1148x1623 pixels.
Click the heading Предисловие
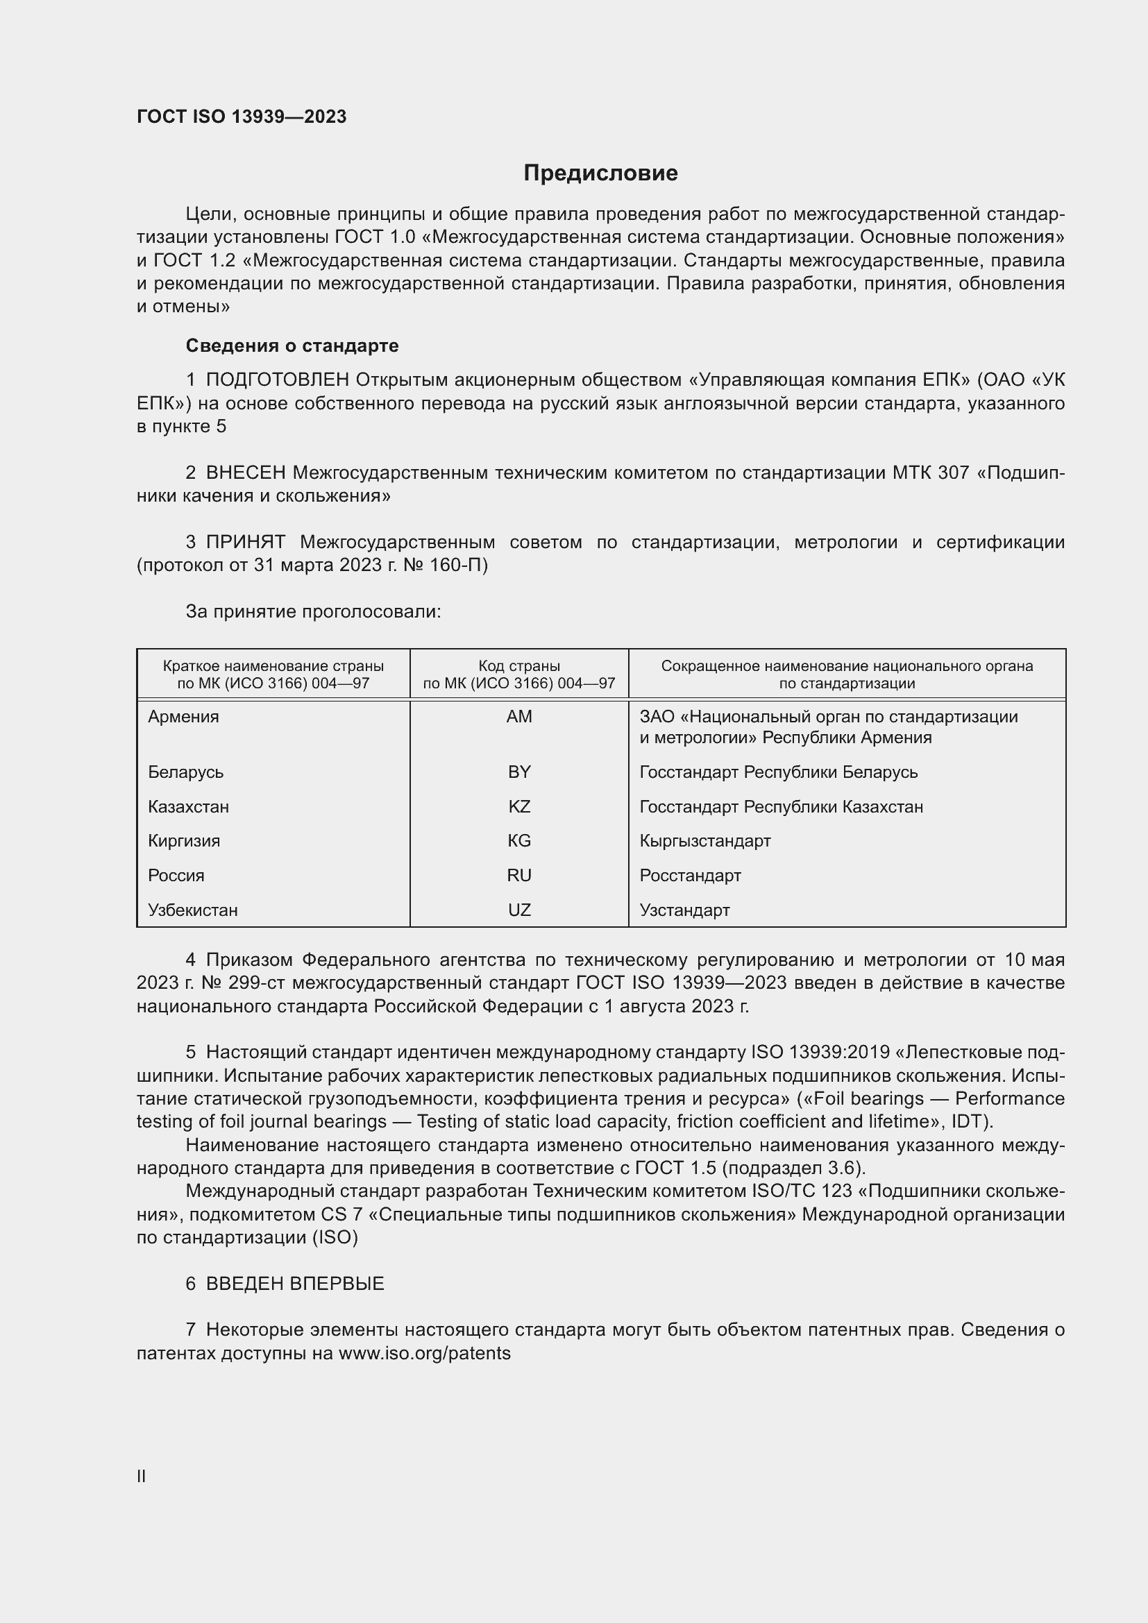(x=600, y=173)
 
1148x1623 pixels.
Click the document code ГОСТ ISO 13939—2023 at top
(x=242, y=117)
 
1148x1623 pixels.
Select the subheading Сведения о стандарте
(x=292, y=346)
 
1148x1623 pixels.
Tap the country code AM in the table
(x=519, y=717)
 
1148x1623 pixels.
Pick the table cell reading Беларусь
(x=186, y=772)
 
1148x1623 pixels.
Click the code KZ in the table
(x=519, y=806)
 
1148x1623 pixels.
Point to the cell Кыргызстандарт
(x=704, y=841)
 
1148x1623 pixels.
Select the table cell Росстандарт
(x=690, y=876)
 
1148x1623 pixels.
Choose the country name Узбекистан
(x=193, y=910)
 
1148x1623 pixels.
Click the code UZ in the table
(x=519, y=910)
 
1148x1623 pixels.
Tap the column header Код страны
(x=519, y=666)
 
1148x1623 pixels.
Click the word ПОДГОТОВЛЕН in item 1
(x=277, y=380)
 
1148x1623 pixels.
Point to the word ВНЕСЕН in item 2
(x=246, y=473)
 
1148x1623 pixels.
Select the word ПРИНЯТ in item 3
(x=245, y=542)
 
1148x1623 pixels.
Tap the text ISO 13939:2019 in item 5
(x=820, y=1053)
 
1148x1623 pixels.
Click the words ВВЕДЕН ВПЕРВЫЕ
(x=295, y=1284)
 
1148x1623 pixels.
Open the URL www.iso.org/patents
(x=424, y=1353)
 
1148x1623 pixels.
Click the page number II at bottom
(x=142, y=1476)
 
